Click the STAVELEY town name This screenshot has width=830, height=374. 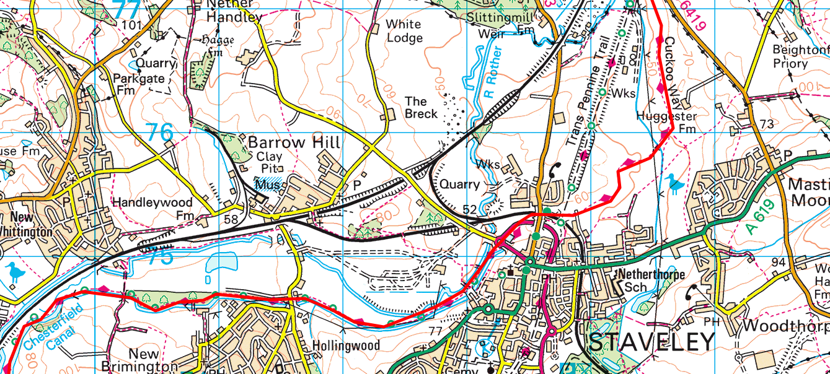point(651,342)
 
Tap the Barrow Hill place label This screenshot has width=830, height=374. point(294,143)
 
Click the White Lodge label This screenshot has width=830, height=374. point(404,31)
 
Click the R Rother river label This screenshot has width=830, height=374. point(494,72)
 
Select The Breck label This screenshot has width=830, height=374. point(421,107)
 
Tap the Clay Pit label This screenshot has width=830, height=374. point(268,162)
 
